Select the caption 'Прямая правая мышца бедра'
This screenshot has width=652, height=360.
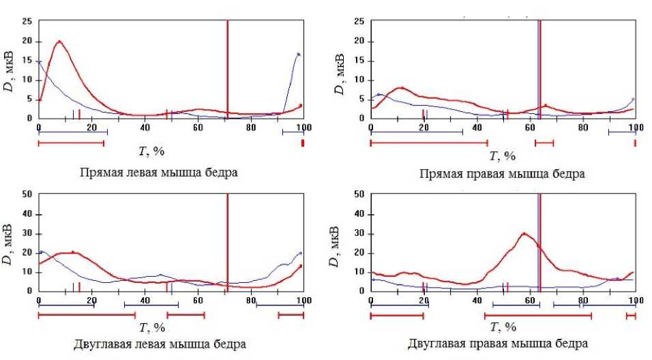[x=502, y=174]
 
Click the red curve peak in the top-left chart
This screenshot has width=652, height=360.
[x=59, y=42]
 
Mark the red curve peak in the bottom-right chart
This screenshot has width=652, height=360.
[x=524, y=233]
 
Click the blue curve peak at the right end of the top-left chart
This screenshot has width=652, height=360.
[x=298, y=54]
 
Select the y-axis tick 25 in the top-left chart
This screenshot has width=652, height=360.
[x=27, y=22]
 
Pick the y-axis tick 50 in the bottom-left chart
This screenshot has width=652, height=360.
[x=27, y=194]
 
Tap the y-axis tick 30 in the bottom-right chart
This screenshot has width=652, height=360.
[x=359, y=233]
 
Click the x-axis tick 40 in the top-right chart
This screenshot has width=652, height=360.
[x=476, y=127]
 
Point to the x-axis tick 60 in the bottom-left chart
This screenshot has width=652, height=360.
[x=198, y=300]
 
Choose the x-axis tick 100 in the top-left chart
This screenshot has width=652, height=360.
[x=303, y=127]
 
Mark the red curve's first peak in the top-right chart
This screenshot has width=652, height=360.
[x=402, y=87]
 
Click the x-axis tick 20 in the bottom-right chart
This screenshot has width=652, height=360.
[x=423, y=300]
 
